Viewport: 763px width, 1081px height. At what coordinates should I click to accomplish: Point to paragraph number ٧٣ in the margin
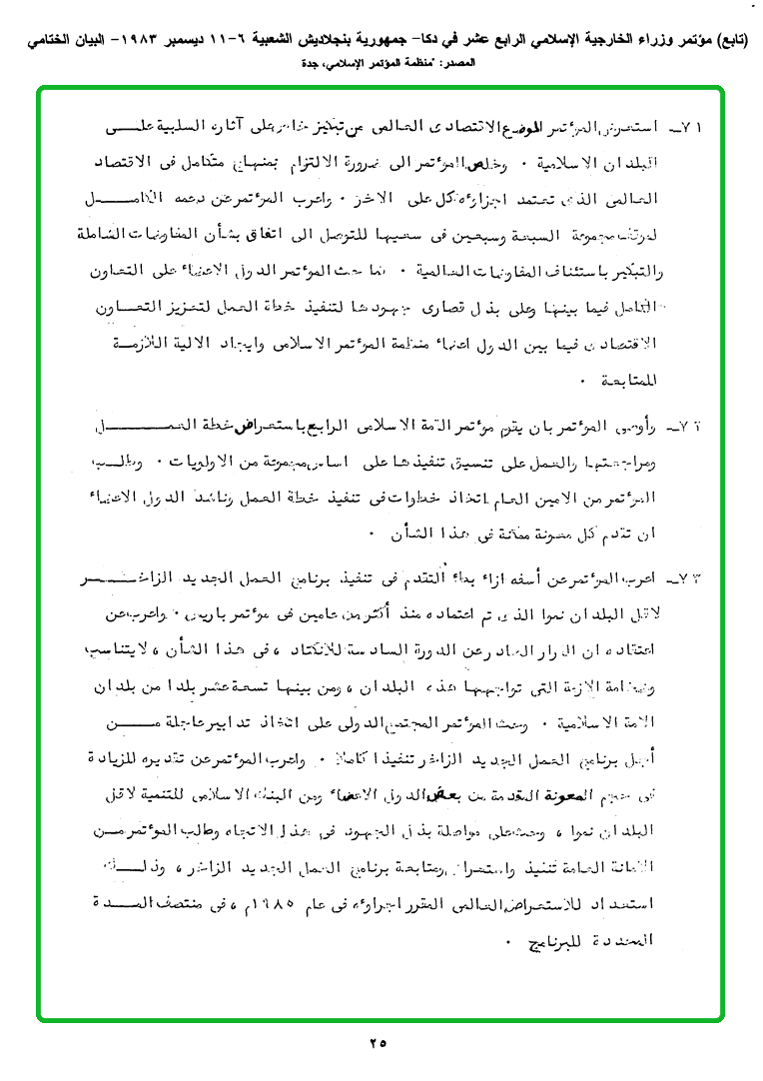(688, 578)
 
